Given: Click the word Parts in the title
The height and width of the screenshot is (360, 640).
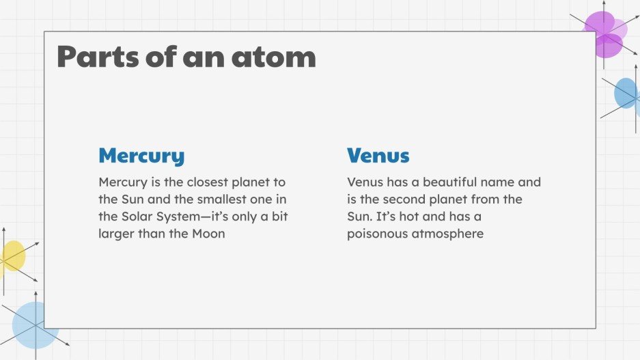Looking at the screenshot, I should pyautogui.click(x=94, y=57).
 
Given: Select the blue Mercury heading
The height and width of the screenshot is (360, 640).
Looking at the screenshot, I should pyautogui.click(x=141, y=156).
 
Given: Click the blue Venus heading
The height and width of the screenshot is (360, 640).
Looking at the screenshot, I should pyautogui.click(x=378, y=156).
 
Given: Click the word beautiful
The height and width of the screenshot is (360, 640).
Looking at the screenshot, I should pyautogui.click(x=447, y=182).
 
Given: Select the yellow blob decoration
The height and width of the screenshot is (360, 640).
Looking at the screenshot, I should pyautogui.click(x=12, y=256).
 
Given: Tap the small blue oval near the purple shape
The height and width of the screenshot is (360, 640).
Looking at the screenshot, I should pyautogui.click(x=625, y=94).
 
